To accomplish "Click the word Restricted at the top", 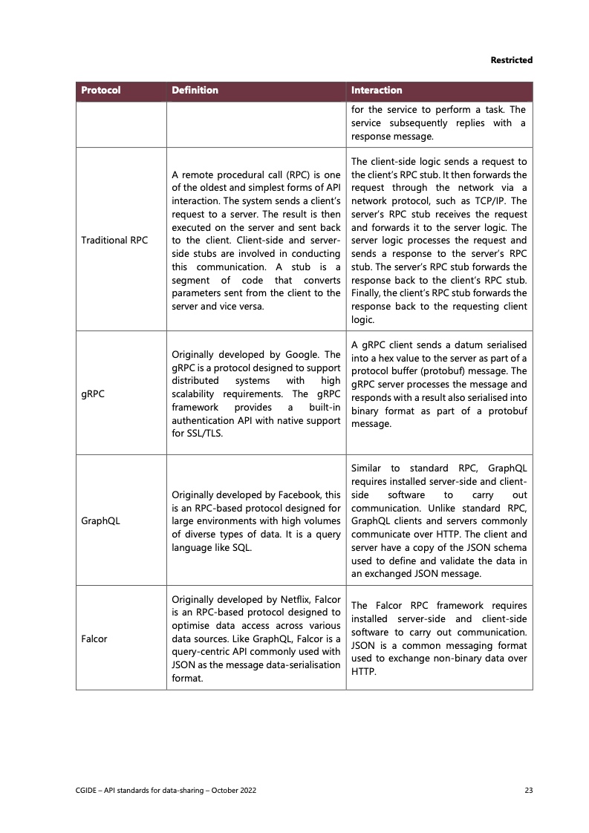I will pos(512,60).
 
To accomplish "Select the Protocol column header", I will pos(100,91).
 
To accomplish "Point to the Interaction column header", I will pos(377,91).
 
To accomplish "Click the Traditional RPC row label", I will pos(114,241).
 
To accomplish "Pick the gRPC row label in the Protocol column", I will pos(94,394).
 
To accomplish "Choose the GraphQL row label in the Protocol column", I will pos(101,520).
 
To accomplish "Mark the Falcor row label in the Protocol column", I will pos(94,638).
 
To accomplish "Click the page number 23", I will pos(529,791).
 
